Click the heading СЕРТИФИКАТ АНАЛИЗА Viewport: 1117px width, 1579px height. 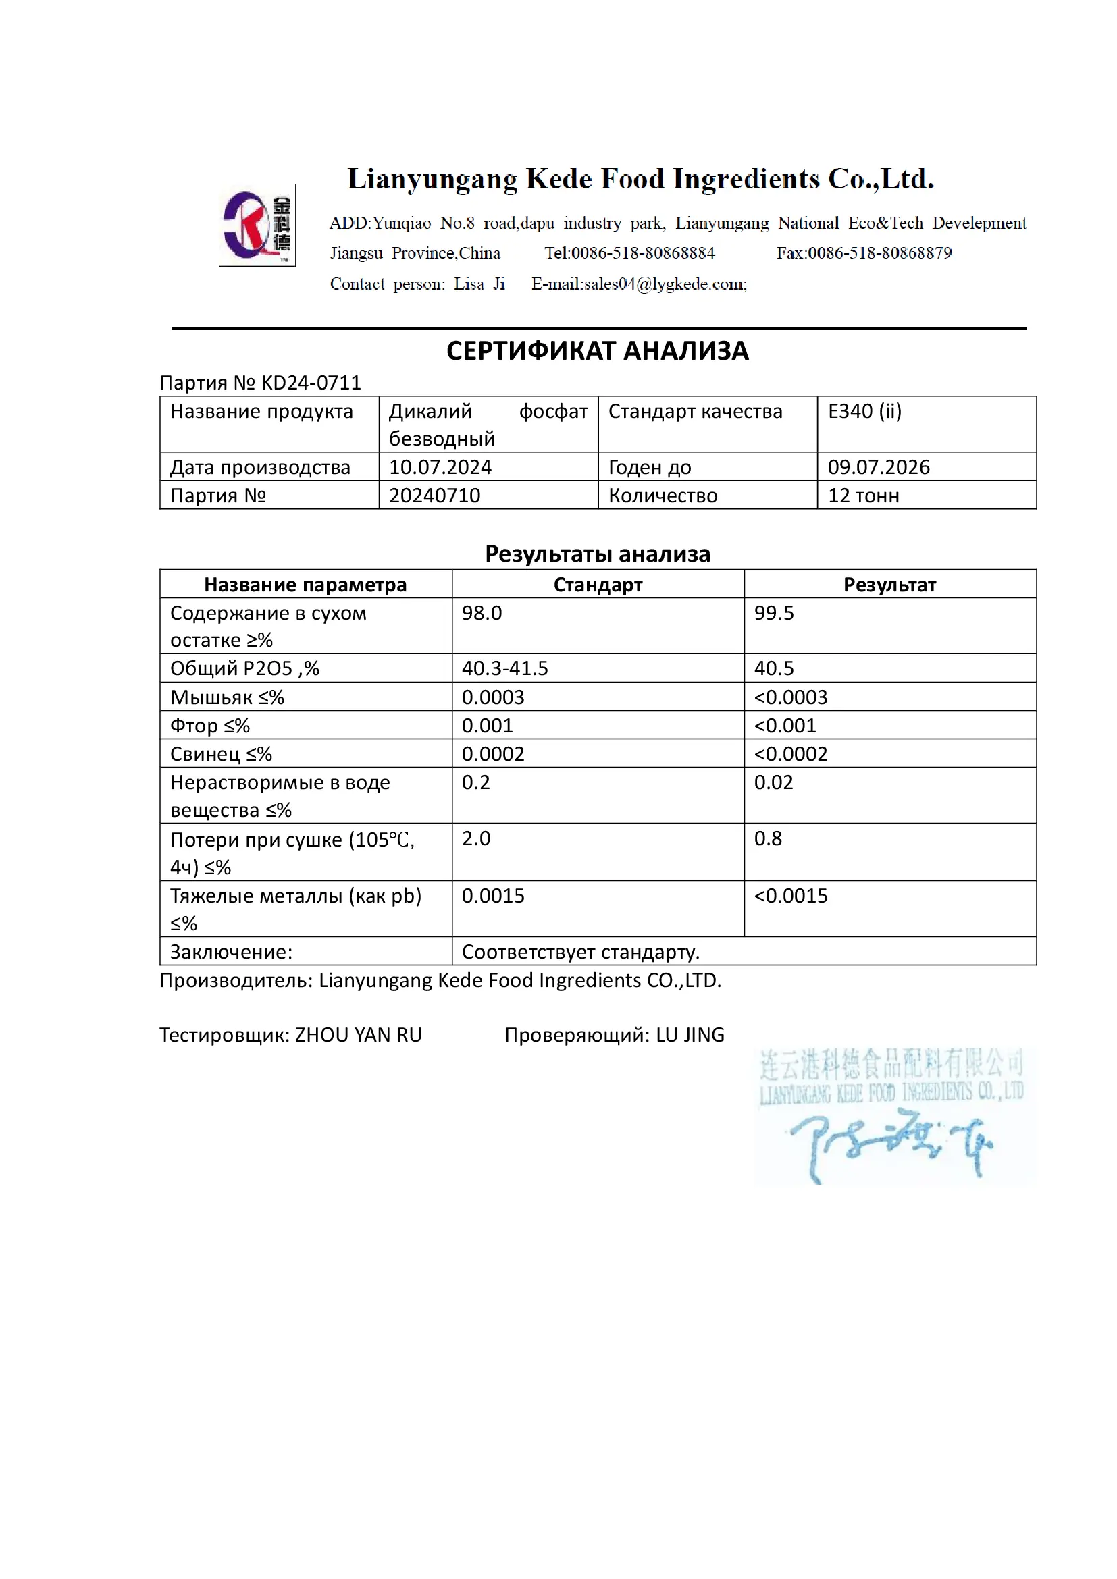[x=597, y=352]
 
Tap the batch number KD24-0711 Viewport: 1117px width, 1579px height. [x=311, y=382]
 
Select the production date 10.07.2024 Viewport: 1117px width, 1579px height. [x=440, y=467]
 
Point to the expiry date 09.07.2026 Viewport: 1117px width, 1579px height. [x=879, y=467]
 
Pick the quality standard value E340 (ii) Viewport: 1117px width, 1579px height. [x=864, y=411]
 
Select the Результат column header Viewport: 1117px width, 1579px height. [x=889, y=585]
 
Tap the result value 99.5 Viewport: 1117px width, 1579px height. [x=774, y=613]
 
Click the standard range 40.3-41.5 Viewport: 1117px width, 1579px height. [x=505, y=668]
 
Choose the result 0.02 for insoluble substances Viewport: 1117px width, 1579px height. [x=773, y=782]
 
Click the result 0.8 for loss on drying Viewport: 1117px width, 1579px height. [x=768, y=839]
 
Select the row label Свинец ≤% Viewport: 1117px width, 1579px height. [x=221, y=755]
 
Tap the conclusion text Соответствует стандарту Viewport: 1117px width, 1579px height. [x=581, y=952]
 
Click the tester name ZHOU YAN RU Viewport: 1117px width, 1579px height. [x=359, y=1035]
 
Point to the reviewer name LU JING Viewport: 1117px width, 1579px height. [x=690, y=1035]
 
